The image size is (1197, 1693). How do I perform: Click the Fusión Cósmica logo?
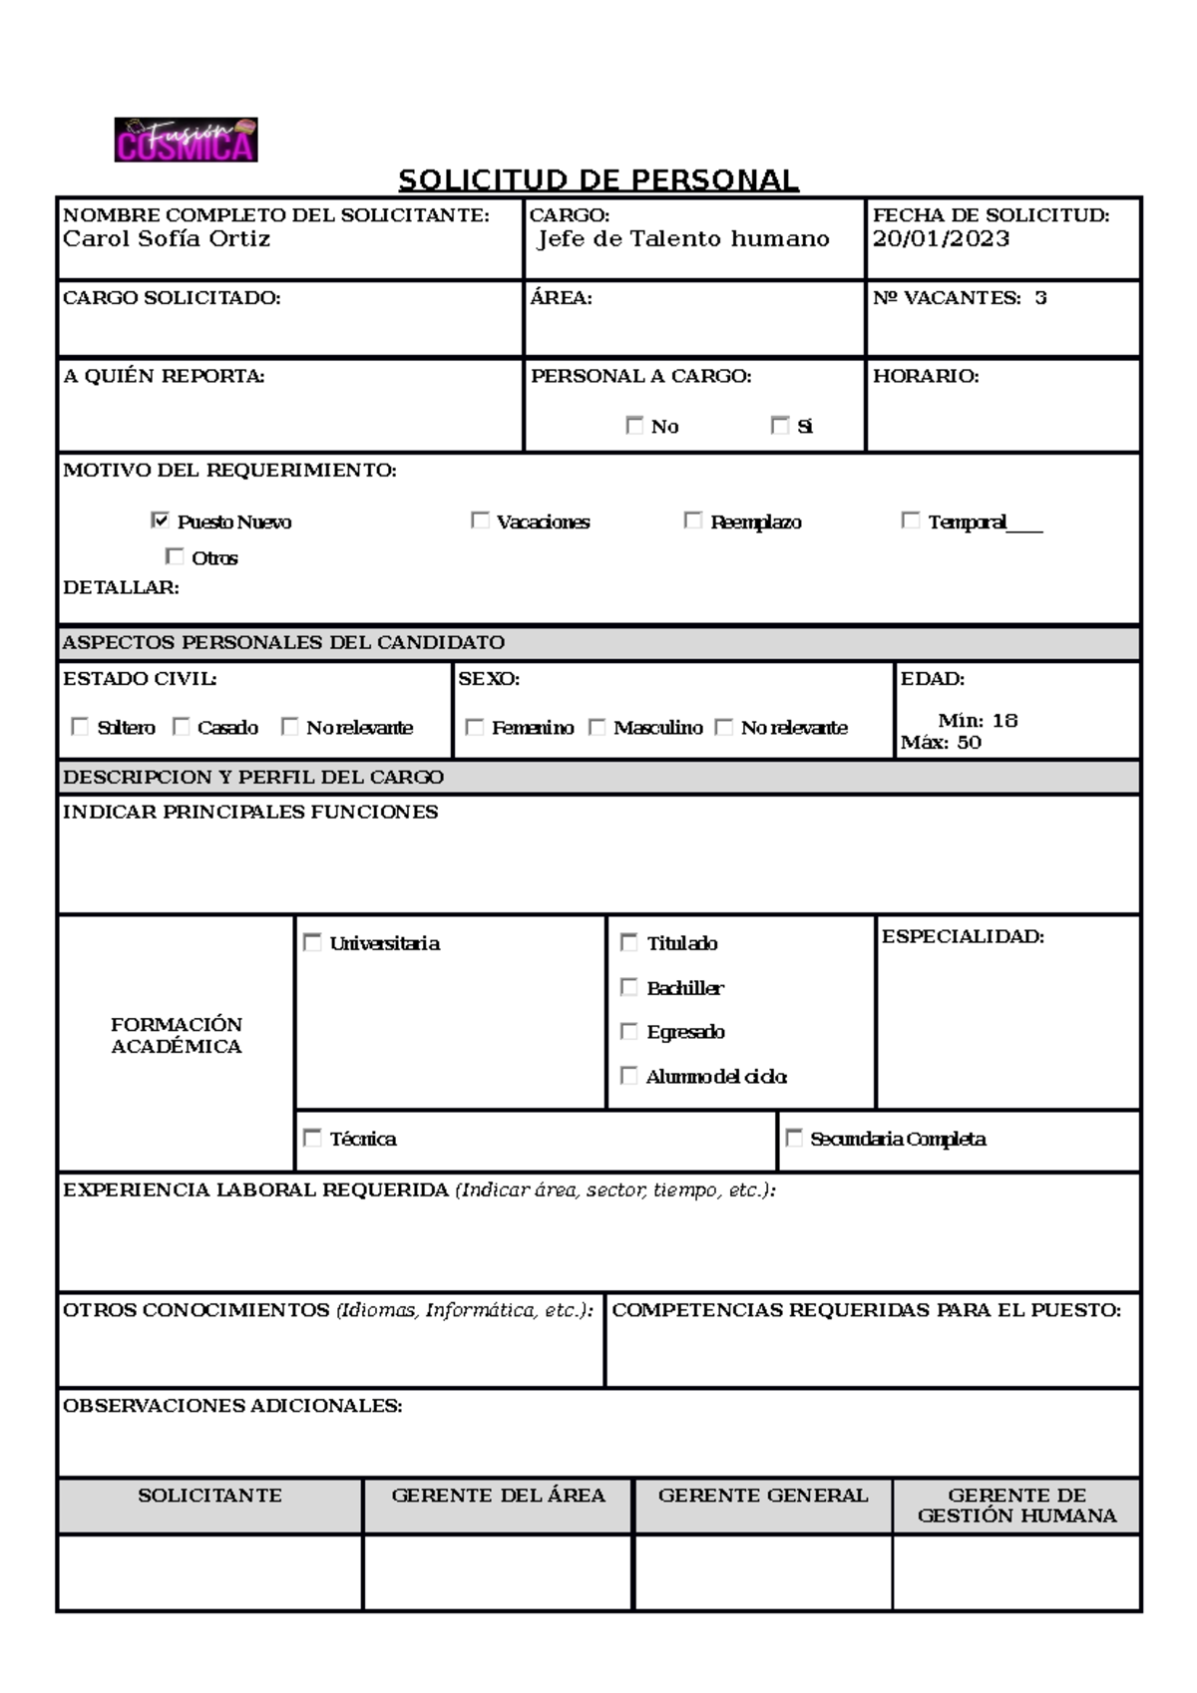pos(186,140)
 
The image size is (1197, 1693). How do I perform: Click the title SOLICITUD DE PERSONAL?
pos(598,180)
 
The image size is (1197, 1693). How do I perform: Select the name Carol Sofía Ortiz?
pos(167,239)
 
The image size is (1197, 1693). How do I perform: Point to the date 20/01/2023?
pos(941,239)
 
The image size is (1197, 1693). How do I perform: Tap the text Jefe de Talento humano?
pos(683,239)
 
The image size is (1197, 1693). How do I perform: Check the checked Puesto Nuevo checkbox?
pos(160,520)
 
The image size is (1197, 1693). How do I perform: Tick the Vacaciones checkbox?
pos(480,520)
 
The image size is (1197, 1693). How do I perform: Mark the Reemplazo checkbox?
pos(693,520)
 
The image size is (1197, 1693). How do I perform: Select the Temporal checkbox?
pos(910,520)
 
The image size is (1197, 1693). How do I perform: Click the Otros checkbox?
pos(175,556)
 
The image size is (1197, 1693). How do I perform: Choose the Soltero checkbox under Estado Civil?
pos(80,727)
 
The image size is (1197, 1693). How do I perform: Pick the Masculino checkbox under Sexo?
pos(597,727)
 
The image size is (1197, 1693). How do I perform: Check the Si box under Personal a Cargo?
pos(780,426)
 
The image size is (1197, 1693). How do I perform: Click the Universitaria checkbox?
pos(312,942)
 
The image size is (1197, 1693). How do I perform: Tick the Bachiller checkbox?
pos(628,987)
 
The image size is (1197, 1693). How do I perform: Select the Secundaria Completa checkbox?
pos(794,1138)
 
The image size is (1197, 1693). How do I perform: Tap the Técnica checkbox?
pos(312,1138)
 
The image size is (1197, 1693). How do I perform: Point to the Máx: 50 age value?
pos(941,743)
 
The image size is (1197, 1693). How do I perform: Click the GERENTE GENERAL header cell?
pos(763,1496)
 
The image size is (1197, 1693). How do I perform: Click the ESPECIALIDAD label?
pos(963,937)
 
